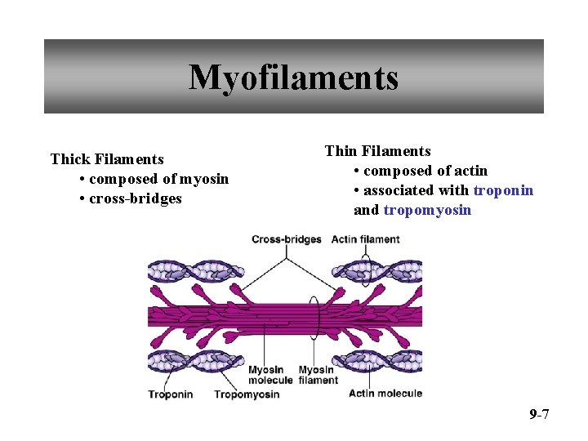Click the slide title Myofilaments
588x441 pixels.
point(293,78)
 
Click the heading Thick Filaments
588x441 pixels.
point(107,159)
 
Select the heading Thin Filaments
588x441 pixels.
point(377,151)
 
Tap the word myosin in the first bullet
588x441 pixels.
point(203,179)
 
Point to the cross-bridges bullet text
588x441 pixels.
point(136,198)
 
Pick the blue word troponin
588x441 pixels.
point(503,190)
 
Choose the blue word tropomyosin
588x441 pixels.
point(427,210)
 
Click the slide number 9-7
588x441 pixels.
point(539,415)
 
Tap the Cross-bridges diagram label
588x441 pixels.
point(286,239)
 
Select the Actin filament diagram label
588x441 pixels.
point(366,239)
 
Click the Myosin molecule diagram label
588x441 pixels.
point(270,375)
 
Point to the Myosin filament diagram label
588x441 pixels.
point(318,375)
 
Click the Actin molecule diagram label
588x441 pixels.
point(385,394)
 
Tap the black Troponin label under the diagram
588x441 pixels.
point(171,394)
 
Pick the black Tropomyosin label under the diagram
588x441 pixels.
point(247,394)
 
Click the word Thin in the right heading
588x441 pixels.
point(341,151)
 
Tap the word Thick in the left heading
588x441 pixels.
point(69,159)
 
